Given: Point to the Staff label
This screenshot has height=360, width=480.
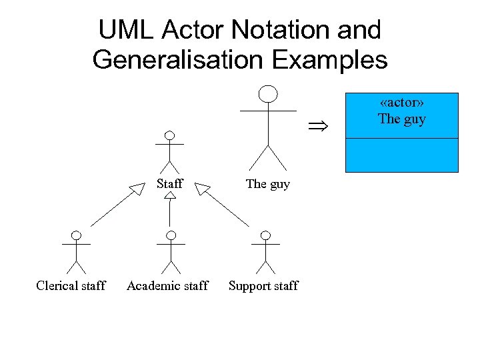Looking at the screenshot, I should tap(170, 183).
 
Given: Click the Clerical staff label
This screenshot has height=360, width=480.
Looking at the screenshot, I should tap(71, 286).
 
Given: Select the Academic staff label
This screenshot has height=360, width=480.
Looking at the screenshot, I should tap(167, 286).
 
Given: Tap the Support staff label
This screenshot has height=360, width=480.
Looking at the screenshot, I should tap(263, 286).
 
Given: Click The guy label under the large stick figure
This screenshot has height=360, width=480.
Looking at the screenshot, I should tap(268, 183).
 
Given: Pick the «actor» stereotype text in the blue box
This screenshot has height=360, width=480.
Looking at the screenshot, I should tap(402, 103).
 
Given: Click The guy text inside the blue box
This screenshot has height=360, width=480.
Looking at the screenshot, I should tap(402, 119).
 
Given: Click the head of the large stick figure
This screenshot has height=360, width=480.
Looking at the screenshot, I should tap(268, 94).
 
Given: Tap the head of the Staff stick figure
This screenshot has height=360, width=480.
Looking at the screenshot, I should tap(170, 135).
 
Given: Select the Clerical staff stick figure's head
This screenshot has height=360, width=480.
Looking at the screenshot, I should tap(77, 235).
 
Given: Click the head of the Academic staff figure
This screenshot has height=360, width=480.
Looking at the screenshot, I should tap(171, 235).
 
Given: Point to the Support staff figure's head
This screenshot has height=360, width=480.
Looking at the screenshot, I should tap(266, 235).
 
